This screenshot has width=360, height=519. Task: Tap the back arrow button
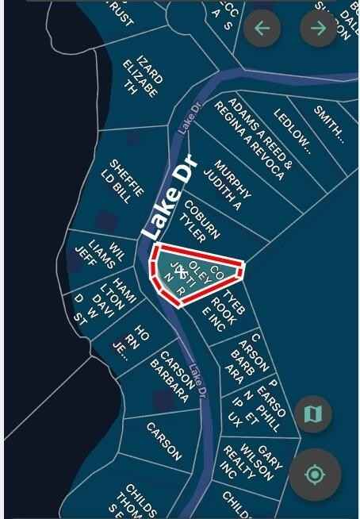pyautogui.click(x=262, y=29)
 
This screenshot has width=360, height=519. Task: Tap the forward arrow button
pyautogui.click(x=318, y=29)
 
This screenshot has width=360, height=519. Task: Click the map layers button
pyautogui.click(x=313, y=413)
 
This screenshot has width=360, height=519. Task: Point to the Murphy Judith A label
pyautogui.click(x=227, y=185)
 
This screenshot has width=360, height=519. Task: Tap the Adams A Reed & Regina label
pyautogui.click(x=257, y=136)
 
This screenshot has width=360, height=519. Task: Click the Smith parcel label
pyautogui.click(x=327, y=123)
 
